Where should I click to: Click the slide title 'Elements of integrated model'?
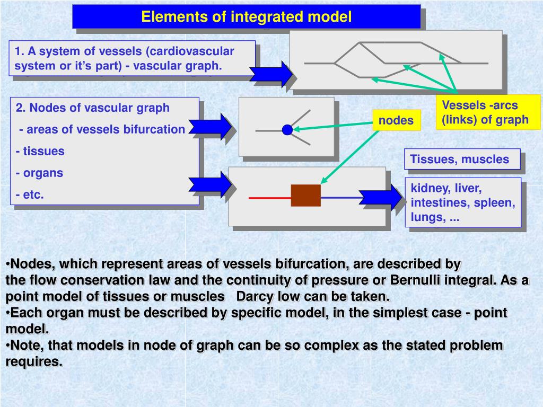pyautogui.click(x=246, y=17)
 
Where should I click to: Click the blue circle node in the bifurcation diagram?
pyautogui.click(x=287, y=129)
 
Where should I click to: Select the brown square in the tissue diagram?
pyautogui.click(x=305, y=196)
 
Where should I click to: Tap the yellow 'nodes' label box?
pyautogui.click(x=396, y=121)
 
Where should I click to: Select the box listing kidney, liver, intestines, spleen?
pyautogui.click(x=462, y=202)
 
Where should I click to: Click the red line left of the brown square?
pyautogui.click(x=269, y=198)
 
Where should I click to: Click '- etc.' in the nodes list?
pyautogui.click(x=30, y=194)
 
